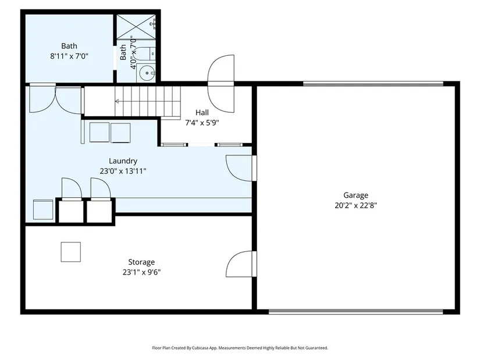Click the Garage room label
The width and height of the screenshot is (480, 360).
click(x=355, y=195)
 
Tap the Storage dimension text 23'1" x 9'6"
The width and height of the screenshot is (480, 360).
click(x=142, y=272)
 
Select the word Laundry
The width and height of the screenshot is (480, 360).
click(x=123, y=161)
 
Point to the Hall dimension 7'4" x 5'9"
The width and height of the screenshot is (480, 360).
click(x=202, y=123)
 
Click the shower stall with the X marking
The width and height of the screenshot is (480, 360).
click(x=136, y=27)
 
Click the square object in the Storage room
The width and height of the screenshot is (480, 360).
click(x=71, y=252)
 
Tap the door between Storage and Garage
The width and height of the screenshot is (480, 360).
click(x=241, y=264)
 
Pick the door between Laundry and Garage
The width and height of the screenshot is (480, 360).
click(x=241, y=168)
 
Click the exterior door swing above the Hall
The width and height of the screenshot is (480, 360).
click(x=221, y=84)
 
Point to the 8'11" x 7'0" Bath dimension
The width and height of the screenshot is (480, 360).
click(x=69, y=56)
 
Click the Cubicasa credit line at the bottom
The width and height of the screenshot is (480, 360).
click(x=240, y=348)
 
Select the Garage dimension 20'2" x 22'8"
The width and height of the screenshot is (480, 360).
click(x=355, y=205)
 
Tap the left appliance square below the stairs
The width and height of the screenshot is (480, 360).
click(x=99, y=132)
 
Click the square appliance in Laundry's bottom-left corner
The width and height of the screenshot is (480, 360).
click(x=43, y=209)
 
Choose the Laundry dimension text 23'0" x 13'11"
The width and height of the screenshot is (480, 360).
click(x=123, y=171)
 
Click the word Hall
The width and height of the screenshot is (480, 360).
click(x=202, y=113)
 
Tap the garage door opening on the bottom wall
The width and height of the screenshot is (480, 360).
click(x=355, y=312)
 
